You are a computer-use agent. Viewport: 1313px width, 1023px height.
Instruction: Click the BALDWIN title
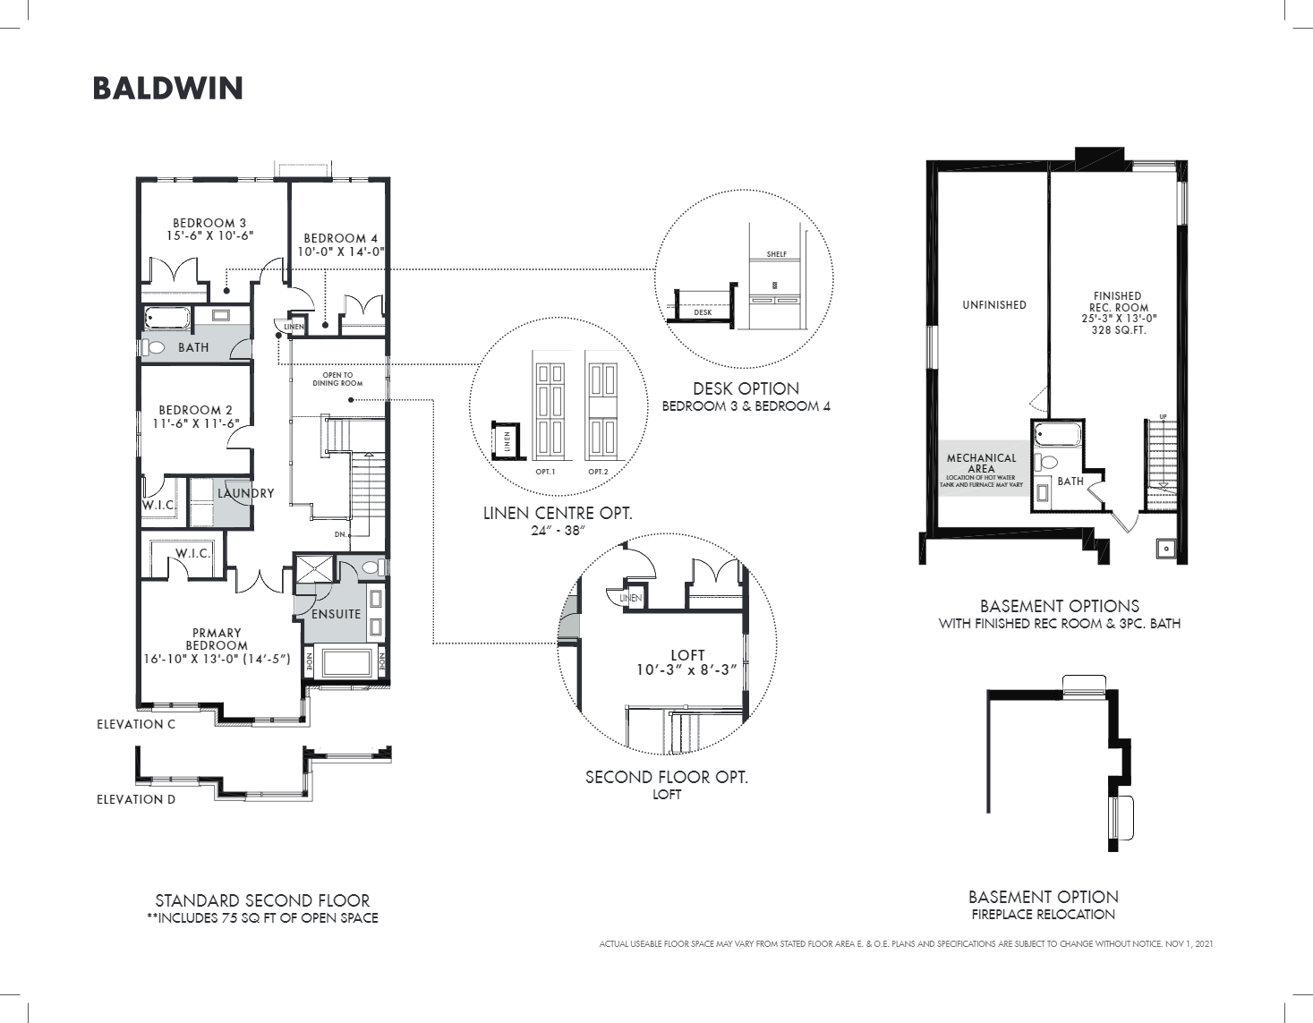coord(167,89)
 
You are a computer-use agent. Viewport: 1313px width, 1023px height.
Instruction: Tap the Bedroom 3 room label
coord(209,223)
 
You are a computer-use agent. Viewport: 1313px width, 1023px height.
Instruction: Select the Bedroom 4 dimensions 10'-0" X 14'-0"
coord(341,251)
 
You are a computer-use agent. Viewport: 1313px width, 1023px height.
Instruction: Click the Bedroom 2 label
coord(195,410)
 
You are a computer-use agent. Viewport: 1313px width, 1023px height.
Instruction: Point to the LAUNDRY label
coord(245,493)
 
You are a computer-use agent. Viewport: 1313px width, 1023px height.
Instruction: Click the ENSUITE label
coord(336,614)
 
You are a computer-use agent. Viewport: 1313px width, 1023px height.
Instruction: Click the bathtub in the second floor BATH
coord(167,318)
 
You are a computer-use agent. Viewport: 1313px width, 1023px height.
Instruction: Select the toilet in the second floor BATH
coord(155,347)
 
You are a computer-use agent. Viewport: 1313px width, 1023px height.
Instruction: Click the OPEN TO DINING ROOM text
coord(337,379)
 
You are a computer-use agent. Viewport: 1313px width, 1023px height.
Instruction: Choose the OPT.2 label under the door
coord(598,472)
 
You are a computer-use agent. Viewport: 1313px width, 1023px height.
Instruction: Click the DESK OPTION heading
coord(746,388)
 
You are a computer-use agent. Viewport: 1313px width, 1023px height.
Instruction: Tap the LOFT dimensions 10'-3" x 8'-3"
coord(686,669)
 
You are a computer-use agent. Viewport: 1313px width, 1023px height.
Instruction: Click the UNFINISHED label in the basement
coord(993,305)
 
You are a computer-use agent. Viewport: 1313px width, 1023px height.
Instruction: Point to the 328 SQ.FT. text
coord(1118,330)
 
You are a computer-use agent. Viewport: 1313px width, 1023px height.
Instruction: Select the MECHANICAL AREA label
coord(981,463)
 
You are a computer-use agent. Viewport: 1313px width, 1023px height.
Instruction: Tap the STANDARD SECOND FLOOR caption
coord(262,900)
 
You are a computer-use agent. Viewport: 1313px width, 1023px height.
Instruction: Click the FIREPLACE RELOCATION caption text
coord(1043,915)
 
